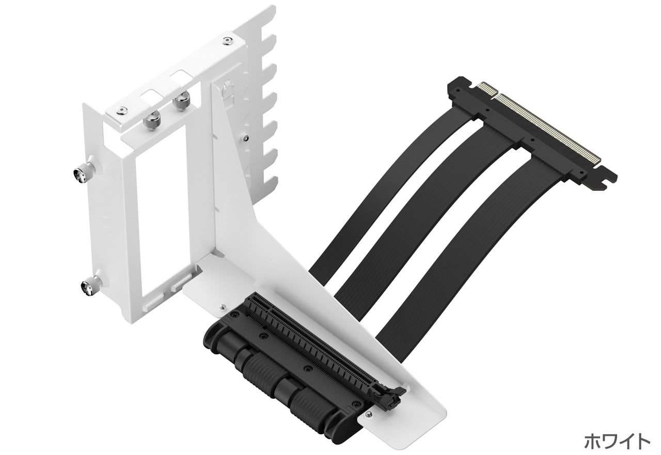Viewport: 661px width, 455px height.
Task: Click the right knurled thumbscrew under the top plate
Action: coord(181,100)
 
